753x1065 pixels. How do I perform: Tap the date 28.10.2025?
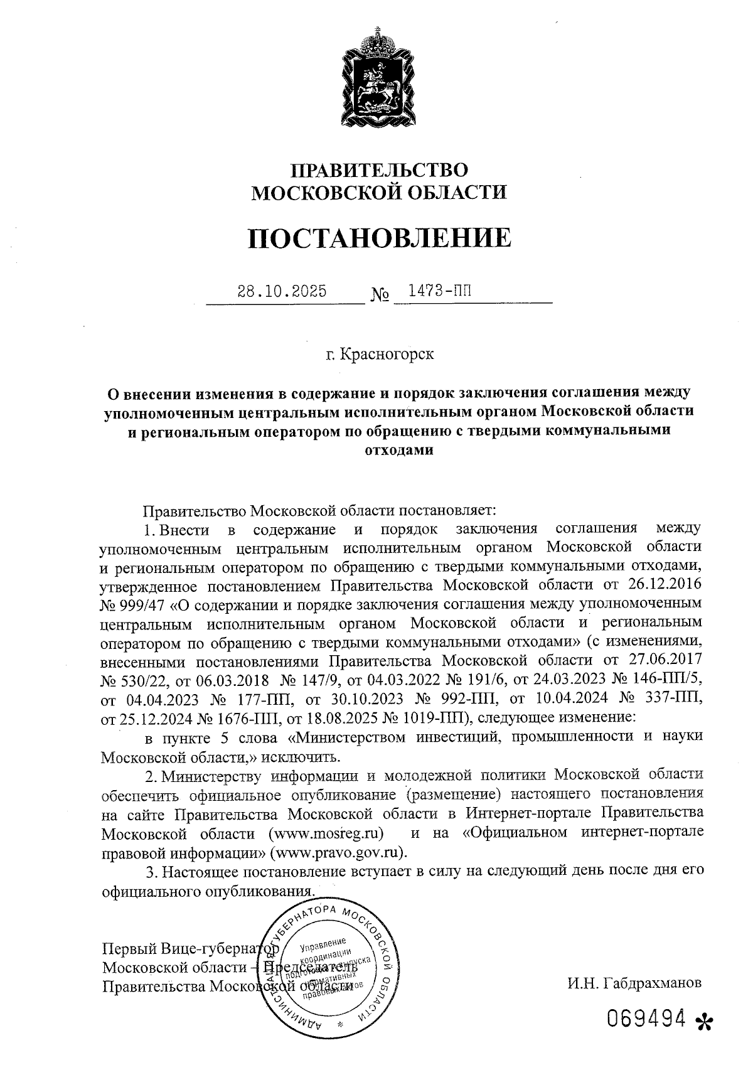282,292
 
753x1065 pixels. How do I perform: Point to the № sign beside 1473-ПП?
380,294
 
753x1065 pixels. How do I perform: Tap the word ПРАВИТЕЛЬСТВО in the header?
378,170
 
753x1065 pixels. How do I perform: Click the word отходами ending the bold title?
399,450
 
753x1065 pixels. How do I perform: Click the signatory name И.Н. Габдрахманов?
634,983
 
